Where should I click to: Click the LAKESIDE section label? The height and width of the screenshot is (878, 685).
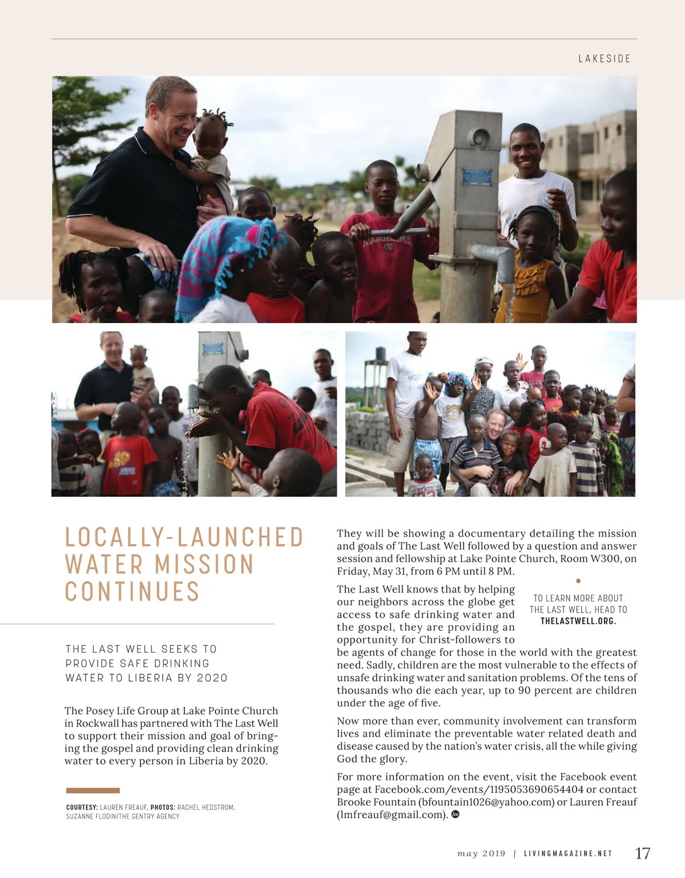coord(604,59)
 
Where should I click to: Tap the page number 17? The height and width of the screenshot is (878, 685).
coord(643,853)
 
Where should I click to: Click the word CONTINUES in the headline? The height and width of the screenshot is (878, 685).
coord(132,592)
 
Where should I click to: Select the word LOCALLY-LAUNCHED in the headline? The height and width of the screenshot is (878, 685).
coord(184,537)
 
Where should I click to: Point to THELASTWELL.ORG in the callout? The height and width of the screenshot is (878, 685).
coord(578,621)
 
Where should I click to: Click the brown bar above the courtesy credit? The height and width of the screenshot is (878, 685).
coord(93,791)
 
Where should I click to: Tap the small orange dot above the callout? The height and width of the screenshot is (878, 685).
coord(578,581)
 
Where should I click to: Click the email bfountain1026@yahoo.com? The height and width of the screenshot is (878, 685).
coord(486,802)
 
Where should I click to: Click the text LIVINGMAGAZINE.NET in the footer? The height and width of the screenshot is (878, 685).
coord(568,854)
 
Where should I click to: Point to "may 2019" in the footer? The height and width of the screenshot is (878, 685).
coord(481,854)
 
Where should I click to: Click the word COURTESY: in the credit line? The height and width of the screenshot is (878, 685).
coord(82,807)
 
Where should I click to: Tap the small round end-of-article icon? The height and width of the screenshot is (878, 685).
coord(456,814)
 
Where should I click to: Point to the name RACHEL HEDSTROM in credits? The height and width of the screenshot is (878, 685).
coord(205,807)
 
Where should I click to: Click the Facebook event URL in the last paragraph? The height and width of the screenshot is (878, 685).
coord(479,790)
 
